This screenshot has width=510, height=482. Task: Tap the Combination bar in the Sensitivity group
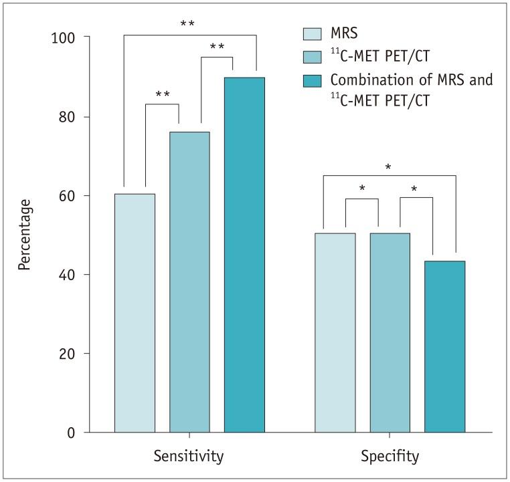[x=244, y=255]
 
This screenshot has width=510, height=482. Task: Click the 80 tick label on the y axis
[x=64, y=116]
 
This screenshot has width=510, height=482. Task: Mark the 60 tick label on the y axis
[x=64, y=195]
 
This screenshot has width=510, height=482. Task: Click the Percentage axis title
[x=25, y=235]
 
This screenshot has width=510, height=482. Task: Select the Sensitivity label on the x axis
[x=189, y=457]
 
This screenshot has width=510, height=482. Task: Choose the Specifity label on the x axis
[x=390, y=457]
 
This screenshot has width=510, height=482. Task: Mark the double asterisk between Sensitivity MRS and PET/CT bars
[x=162, y=95]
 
